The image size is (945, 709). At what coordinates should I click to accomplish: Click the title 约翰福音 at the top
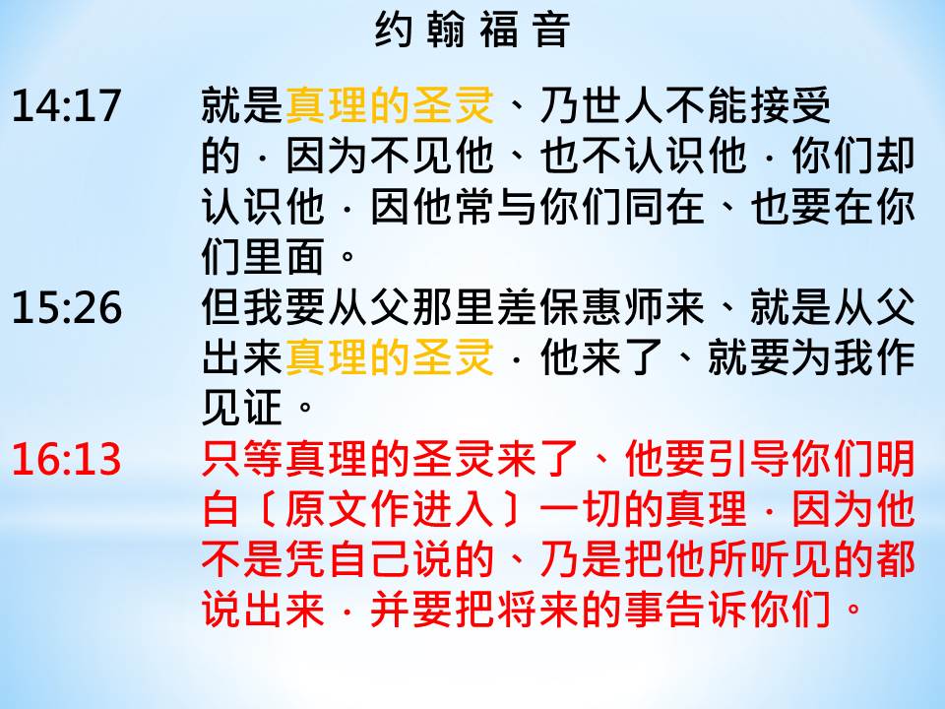tap(472, 31)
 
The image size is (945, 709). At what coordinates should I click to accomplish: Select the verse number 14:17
tap(66, 106)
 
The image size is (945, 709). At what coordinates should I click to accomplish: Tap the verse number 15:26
tap(67, 307)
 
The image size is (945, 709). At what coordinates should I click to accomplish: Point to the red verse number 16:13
tap(66, 459)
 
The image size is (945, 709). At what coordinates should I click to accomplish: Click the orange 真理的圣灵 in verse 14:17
tap(390, 105)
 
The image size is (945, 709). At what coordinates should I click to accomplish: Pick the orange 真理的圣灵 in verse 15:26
tap(390, 356)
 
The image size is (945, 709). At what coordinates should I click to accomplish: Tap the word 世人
tap(602, 105)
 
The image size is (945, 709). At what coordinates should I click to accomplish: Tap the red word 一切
tap(582, 509)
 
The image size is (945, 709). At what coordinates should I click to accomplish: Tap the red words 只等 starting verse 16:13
tap(243, 458)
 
